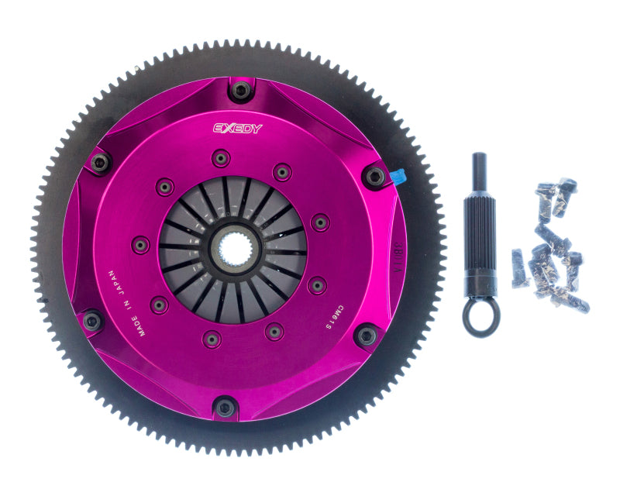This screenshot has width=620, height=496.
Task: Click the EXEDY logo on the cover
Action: pos(239,129)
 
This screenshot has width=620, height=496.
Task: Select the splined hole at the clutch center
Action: pos(232,249)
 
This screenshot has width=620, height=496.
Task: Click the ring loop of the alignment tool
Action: pos(481,318)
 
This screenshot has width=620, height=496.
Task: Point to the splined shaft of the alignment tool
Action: pos(480,232)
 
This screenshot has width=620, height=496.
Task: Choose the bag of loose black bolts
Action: pos(551,248)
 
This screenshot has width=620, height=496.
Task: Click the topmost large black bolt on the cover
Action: pos(241,91)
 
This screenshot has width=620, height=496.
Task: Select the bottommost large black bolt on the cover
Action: pos(225,406)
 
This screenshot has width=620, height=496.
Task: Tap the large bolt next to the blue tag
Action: pos(374,177)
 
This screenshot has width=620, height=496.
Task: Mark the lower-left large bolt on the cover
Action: pos(92,319)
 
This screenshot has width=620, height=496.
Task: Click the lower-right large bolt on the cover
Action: pos(365,336)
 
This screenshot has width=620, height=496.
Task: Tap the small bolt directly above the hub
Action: pos(222,159)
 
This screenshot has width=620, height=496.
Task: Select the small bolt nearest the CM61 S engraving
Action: pos(316,286)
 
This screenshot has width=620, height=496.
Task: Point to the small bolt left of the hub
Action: pos(140,244)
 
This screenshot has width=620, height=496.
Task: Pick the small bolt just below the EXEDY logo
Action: pos(222,159)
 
